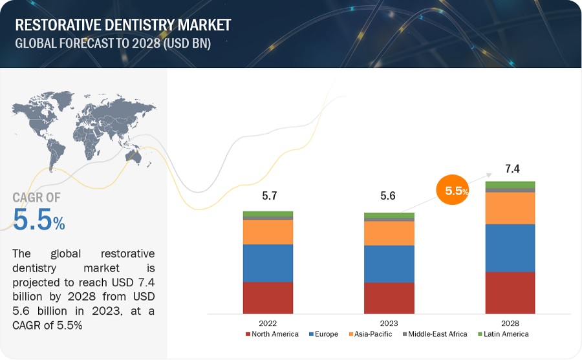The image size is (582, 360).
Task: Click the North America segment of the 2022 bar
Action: (x=268, y=297)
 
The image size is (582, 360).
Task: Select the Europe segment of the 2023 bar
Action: (x=389, y=264)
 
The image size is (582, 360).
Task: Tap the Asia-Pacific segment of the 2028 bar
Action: (x=510, y=207)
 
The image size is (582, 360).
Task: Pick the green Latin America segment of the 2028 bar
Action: (x=510, y=185)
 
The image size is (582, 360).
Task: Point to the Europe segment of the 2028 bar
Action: (x=510, y=248)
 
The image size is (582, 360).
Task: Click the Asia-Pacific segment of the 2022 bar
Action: (x=268, y=232)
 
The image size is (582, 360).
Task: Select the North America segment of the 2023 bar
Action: (x=389, y=298)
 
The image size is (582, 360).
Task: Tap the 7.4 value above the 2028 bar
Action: (x=512, y=169)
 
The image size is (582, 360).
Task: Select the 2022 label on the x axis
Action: (x=268, y=323)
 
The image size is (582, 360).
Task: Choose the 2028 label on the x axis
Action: (x=510, y=323)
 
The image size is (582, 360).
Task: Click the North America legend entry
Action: (x=272, y=334)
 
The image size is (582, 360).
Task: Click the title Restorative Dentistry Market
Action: (x=123, y=26)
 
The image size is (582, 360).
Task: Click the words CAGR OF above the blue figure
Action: (x=36, y=198)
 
